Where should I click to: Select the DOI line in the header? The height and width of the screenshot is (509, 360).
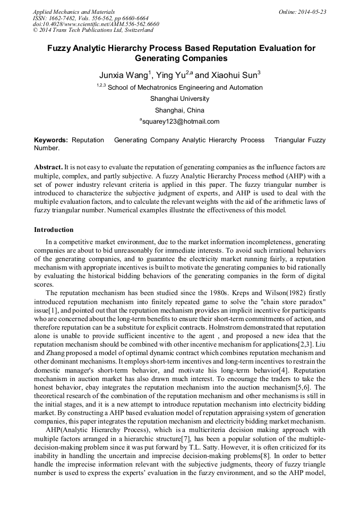click(96, 24)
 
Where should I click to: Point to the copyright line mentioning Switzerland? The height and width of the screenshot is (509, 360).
click(93, 31)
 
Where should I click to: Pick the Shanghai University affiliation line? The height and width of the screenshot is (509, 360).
click(179, 99)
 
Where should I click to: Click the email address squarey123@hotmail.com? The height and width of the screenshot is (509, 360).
click(181, 122)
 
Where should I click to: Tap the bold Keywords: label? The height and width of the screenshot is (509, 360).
click(51, 140)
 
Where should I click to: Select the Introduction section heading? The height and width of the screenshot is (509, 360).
click(54, 230)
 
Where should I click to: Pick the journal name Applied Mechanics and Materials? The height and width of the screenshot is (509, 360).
click(73, 12)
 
